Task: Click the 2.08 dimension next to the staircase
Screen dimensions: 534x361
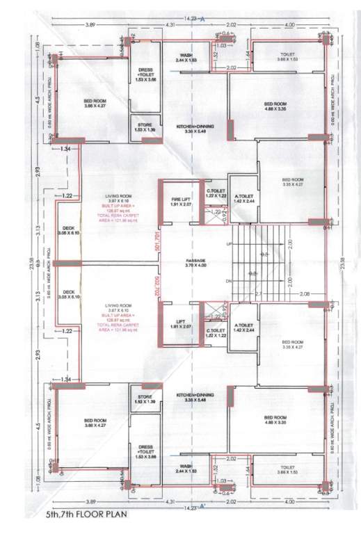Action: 304,294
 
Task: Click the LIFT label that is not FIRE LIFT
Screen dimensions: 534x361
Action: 180,322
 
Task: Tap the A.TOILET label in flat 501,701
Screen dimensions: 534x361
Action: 243,198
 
